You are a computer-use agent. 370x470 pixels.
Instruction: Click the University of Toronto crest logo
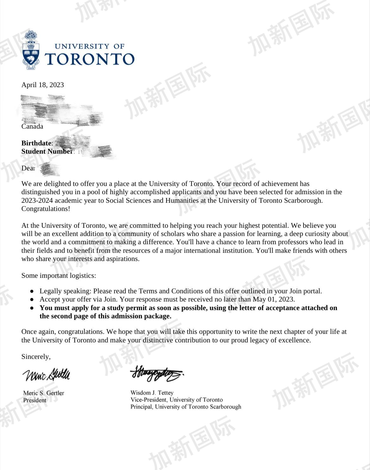click(x=31, y=50)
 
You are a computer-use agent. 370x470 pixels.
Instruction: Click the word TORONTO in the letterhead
click(x=90, y=59)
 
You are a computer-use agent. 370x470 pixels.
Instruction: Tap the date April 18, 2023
click(x=43, y=85)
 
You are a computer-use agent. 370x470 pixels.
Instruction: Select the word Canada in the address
click(x=32, y=126)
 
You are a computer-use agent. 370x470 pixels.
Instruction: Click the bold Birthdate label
click(x=36, y=143)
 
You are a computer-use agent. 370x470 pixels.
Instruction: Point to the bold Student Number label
click(x=47, y=151)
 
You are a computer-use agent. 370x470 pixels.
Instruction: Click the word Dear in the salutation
click(x=28, y=168)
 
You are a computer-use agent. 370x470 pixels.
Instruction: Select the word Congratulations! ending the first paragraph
click(x=46, y=209)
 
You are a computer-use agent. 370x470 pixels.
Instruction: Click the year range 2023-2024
click(x=37, y=200)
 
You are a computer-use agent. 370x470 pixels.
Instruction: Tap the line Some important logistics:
click(x=59, y=276)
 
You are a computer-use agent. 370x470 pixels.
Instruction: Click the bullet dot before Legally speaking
click(x=32, y=291)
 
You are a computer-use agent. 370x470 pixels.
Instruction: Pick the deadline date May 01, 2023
click(x=273, y=299)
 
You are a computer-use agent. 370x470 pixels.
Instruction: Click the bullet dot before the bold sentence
click(x=32, y=308)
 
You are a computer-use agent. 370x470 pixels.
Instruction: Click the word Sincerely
click(x=36, y=357)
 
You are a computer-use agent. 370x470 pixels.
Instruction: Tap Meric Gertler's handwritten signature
click(x=46, y=375)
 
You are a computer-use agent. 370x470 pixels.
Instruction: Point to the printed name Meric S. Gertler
click(x=44, y=393)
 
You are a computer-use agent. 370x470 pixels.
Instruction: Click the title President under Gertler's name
click(x=34, y=400)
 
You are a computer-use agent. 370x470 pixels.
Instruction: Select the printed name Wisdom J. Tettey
click(x=152, y=393)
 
